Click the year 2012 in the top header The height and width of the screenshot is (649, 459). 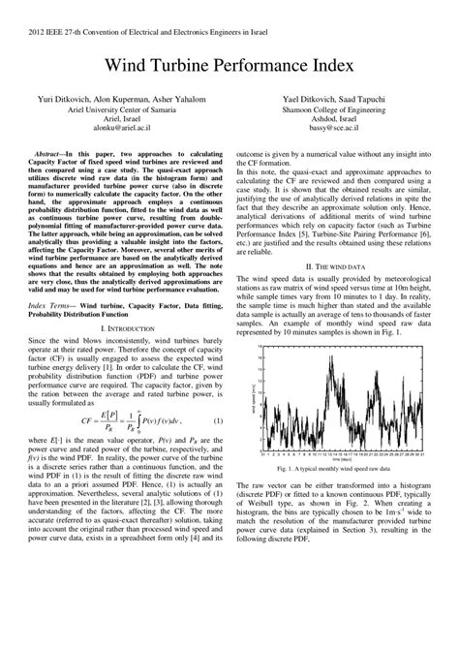coord(22,29)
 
